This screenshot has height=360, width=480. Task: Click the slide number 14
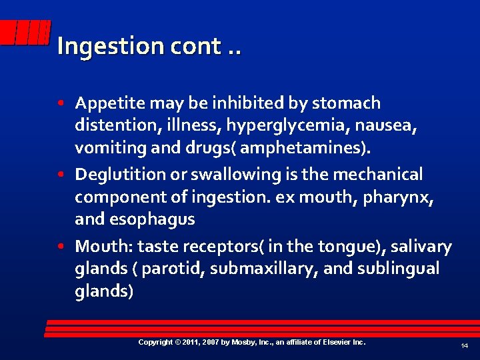(464, 346)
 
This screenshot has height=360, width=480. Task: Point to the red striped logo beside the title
(26, 33)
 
